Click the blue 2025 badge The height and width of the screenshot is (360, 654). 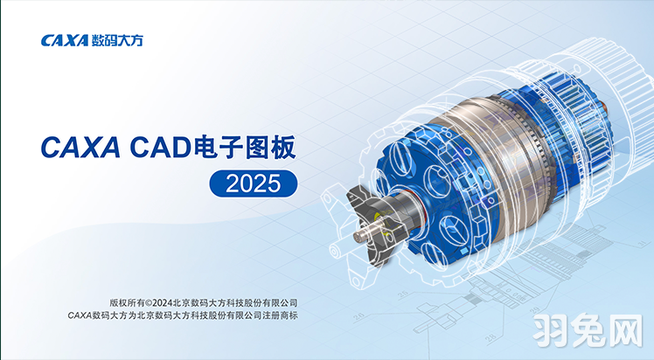(254, 183)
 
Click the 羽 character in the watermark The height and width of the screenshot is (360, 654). (552, 331)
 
